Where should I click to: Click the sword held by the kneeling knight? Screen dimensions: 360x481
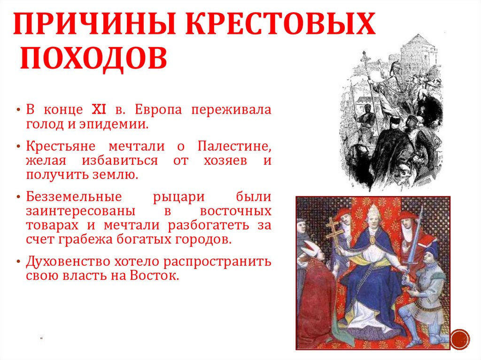413,244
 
